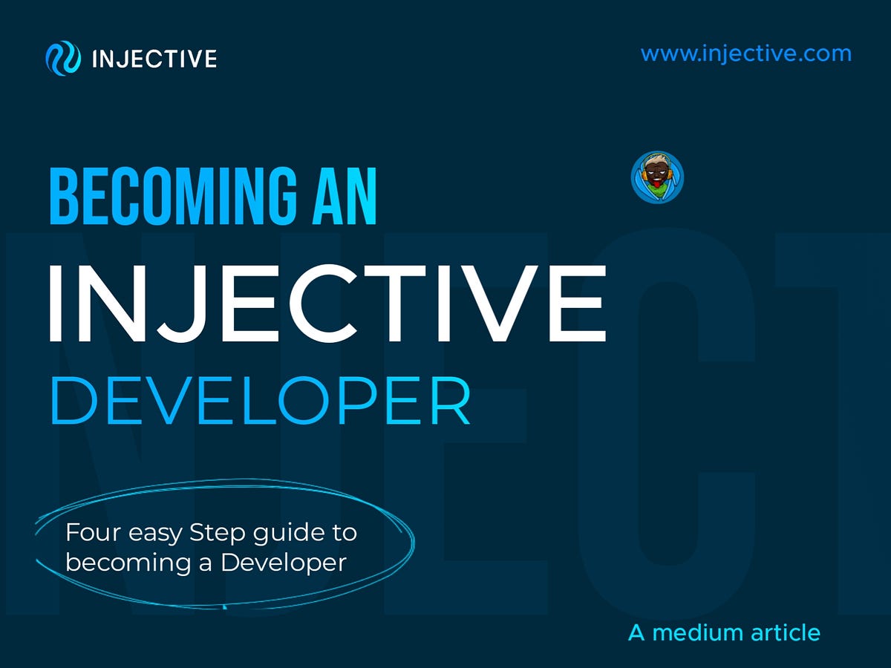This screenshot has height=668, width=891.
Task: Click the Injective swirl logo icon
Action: pyautogui.click(x=62, y=58)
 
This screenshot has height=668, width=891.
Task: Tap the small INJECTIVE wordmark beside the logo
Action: pyautogui.click(x=154, y=59)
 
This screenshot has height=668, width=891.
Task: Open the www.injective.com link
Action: pyautogui.click(x=745, y=54)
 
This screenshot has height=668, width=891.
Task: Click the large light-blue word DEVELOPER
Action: pyautogui.click(x=260, y=402)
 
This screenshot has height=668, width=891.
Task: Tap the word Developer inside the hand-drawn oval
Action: pyautogui.click(x=284, y=563)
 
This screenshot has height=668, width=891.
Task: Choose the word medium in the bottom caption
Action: pyautogui.click(x=696, y=633)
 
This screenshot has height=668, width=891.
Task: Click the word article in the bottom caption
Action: pyautogui.click(x=785, y=633)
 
